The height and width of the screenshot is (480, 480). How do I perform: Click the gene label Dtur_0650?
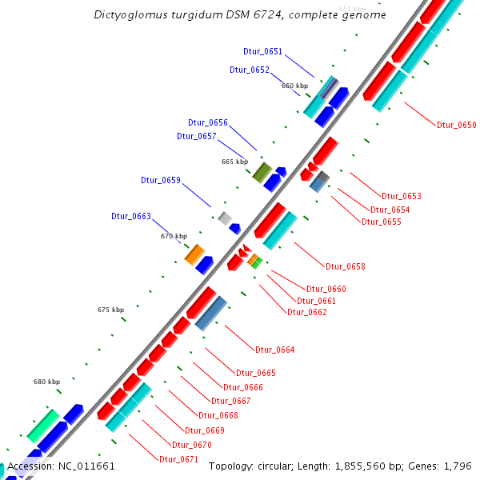coord(456,125)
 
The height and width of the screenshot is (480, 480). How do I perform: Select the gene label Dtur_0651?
coord(262,51)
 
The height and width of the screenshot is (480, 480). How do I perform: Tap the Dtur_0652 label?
coord(249,70)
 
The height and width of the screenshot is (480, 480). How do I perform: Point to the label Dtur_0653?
coord(401,196)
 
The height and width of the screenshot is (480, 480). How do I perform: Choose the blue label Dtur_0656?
coord(208,122)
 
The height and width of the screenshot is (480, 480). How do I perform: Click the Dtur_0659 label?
coord(161,180)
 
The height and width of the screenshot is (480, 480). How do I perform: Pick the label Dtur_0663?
coord(131,216)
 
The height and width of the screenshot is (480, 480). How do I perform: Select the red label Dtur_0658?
coord(345,266)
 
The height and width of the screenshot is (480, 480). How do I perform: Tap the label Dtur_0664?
coord(274,350)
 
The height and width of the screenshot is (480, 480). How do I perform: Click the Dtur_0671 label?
coord(178,459)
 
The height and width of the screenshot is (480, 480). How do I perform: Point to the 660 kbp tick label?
coord(294,86)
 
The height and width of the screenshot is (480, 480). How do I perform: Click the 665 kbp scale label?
coord(234,162)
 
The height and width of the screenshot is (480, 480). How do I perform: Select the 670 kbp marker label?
coord(174,236)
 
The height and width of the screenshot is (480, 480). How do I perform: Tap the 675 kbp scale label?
coord(110,310)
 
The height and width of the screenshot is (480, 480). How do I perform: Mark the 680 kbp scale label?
coord(46,382)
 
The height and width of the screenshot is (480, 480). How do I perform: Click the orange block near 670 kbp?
coord(194,255)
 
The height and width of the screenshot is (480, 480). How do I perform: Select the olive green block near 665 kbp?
coord(262,171)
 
